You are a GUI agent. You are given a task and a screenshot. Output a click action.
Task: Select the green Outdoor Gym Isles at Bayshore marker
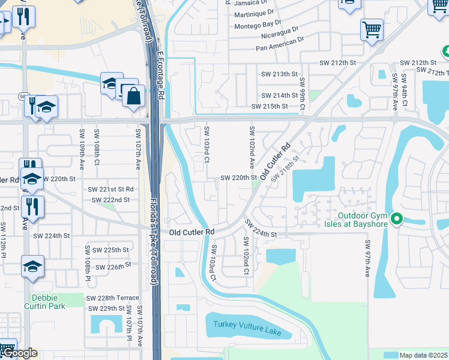(x=396, y=220)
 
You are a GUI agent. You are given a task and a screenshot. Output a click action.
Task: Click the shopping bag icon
(x=133, y=95)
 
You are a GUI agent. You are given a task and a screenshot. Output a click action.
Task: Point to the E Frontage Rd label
(x=160, y=75)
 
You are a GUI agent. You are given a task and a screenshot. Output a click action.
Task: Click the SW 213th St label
(x=279, y=74)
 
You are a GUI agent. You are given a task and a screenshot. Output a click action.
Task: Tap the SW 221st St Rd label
(x=110, y=189)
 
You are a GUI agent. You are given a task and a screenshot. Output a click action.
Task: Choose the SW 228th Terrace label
(x=112, y=298)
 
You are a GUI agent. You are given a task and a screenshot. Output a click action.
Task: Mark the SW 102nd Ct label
(x=246, y=256)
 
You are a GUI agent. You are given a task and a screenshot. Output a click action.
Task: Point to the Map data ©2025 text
(x=423, y=355)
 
